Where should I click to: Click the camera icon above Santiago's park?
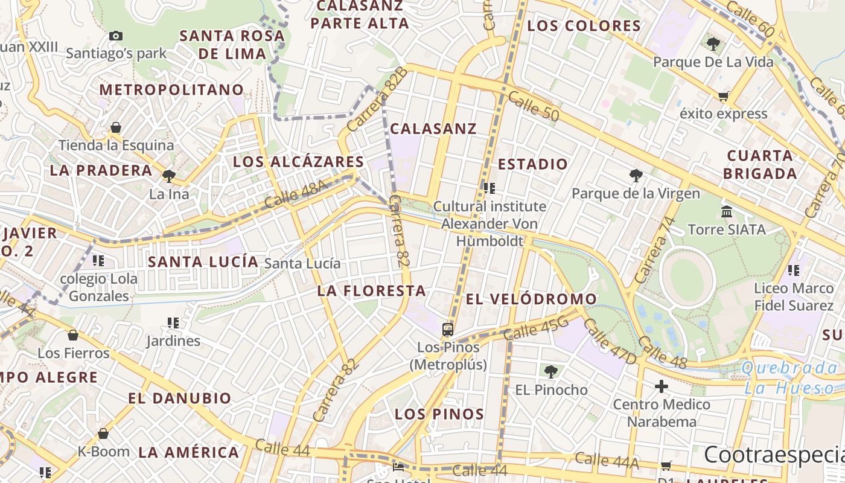point(116,36)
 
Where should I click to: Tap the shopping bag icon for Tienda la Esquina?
point(115,127)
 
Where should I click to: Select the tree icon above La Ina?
point(168,176)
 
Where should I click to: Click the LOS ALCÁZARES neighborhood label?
point(299,162)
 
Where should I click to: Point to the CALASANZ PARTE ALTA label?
point(360,14)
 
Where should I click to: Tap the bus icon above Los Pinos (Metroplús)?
point(448,329)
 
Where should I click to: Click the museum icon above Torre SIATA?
point(727,211)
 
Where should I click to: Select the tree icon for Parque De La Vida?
point(713,43)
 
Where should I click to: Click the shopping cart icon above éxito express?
point(723,96)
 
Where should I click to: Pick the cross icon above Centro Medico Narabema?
point(662,386)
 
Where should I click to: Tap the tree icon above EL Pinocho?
point(550,371)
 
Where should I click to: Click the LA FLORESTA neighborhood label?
point(372,291)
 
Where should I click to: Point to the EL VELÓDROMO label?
point(531,299)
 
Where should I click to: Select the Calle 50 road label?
point(533,106)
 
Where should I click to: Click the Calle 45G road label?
point(535,328)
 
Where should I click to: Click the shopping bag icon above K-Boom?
point(103,433)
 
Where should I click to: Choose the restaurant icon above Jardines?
point(173,323)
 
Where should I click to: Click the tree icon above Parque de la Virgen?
point(635,176)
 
